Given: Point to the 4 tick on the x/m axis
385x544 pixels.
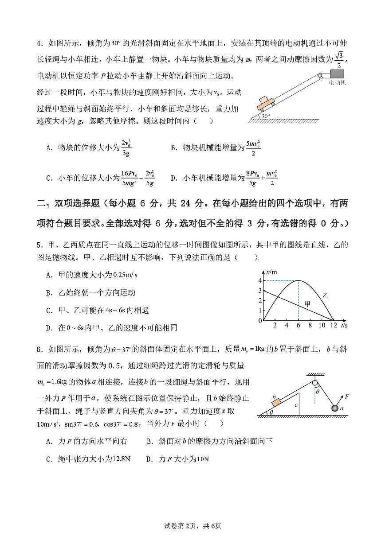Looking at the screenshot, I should pos(260,280).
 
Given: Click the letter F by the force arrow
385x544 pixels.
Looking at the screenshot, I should pos(346,396).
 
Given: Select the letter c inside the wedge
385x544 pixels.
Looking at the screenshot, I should pos(295,405).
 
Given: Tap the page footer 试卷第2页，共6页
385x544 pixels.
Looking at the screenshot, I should pos(192,526).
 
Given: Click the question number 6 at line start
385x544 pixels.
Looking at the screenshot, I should pos(39,350).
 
